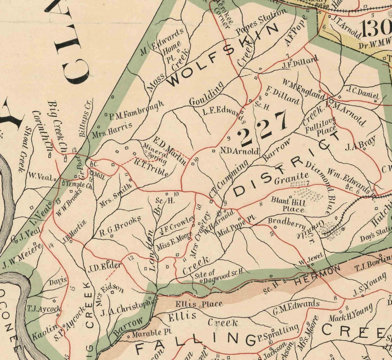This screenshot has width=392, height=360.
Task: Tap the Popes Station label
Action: click(261, 22)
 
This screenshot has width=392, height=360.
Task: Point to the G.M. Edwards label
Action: click(296, 307)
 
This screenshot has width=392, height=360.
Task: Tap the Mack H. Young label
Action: click(350, 313)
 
